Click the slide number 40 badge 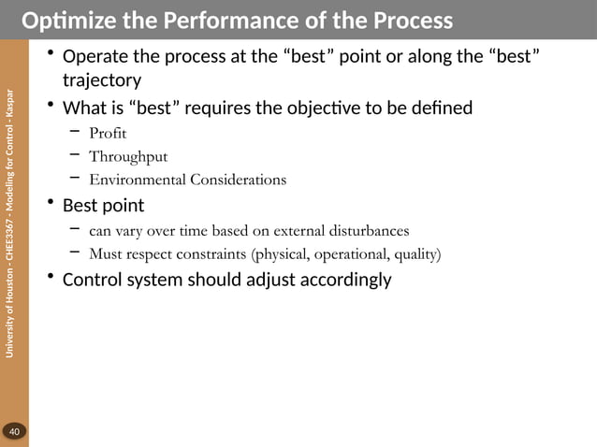[14, 431]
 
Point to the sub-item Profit [108, 132]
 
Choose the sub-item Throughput [128, 155]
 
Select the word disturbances [365, 229]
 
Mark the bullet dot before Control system [51, 279]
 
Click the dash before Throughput [75, 154]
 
